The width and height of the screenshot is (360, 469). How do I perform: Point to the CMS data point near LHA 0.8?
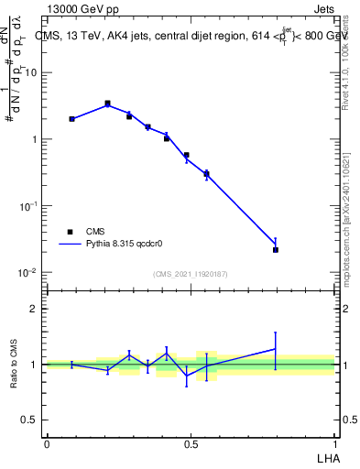pyautogui.click(x=276, y=249)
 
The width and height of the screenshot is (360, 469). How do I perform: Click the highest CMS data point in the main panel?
pyautogui.click(x=107, y=104)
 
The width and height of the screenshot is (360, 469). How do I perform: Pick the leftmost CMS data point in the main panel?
pyautogui.click(x=71, y=119)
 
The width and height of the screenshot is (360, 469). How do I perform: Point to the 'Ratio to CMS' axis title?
pyautogui.click(x=14, y=364)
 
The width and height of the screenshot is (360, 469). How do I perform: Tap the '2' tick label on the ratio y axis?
pyautogui.click(x=35, y=309)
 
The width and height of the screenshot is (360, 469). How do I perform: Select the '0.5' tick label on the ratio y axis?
pyautogui.click(x=31, y=420)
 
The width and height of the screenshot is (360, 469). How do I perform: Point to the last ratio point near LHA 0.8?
pyautogui.click(x=276, y=348)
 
